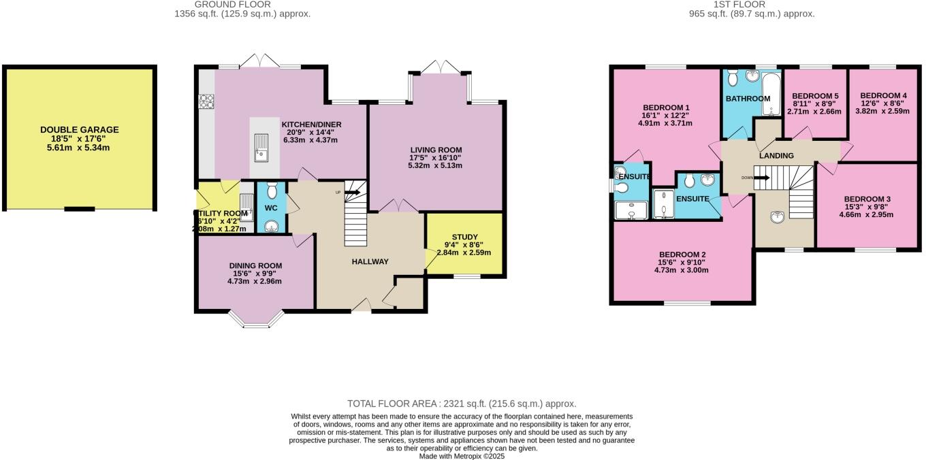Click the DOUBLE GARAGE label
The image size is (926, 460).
pyautogui.click(x=80, y=129)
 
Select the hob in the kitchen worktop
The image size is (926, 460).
pyautogui.click(x=206, y=102)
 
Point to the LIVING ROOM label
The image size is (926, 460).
pyautogui.click(x=436, y=150)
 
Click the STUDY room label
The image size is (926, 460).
pyautogui.click(x=464, y=237)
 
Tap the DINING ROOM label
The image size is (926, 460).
pyautogui.click(x=255, y=265)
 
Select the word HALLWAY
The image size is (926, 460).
pyautogui.click(x=370, y=261)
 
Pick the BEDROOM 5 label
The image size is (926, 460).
pyautogui.click(x=814, y=95)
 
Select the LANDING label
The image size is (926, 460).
pyautogui.click(x=777, y=156)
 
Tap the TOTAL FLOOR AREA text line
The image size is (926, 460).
pyautogui.click(x=462, y=404)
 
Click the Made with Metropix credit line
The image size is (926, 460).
pyautogui.click(x=462, y=456)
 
